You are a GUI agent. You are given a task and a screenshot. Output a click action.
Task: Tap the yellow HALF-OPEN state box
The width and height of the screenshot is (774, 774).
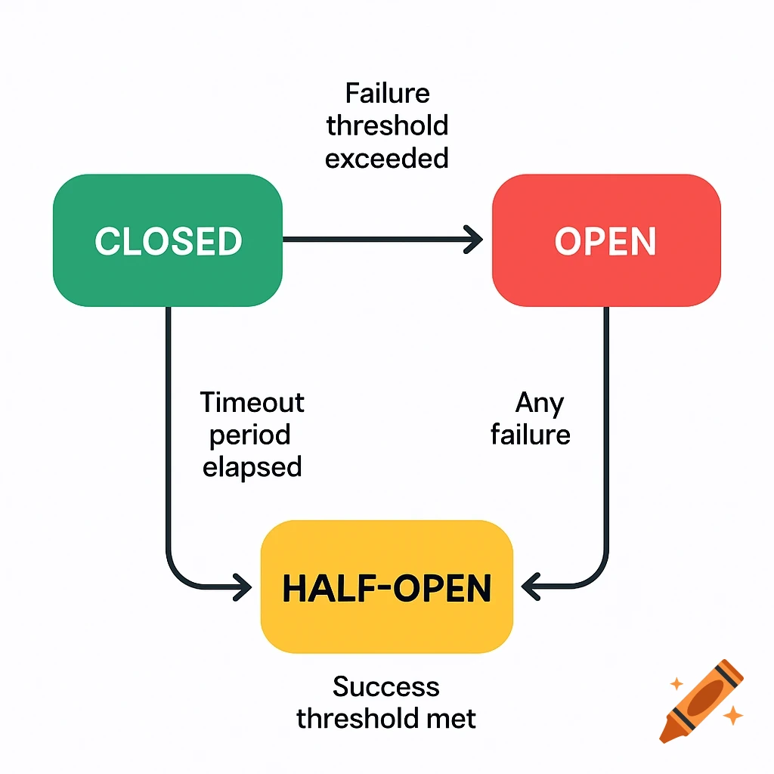(386, 587)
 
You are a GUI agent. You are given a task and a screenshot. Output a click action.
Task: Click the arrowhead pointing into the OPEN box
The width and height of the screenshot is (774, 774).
(475, 240)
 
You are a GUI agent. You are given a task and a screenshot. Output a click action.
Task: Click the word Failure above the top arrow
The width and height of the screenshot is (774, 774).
(387, 93)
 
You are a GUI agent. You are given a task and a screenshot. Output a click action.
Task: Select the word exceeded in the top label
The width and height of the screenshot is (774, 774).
(387, 158)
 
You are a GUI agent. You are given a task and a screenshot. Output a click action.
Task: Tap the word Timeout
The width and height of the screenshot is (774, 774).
(252, 402)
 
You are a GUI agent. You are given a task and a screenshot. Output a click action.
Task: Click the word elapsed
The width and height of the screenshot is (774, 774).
(252, 466)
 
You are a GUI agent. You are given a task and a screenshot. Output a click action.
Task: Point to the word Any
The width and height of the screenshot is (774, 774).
(539, 403)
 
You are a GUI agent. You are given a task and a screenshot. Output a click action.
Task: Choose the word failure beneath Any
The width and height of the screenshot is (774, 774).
(530, 435)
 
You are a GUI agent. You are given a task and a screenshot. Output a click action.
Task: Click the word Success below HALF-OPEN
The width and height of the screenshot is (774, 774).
(386, 686)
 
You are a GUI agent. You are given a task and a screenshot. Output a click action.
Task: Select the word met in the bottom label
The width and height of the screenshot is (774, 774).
(452, 718)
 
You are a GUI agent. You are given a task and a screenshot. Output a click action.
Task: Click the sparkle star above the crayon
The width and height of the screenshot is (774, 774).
(676, 683)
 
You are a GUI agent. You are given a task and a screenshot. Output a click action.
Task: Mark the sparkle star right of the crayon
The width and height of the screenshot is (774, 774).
(732, 715)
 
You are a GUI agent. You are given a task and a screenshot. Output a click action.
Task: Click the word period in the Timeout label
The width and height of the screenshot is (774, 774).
(250, 435)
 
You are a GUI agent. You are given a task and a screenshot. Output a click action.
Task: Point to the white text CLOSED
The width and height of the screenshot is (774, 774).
(168, 241)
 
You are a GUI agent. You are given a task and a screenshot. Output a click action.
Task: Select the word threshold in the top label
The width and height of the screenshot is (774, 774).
(387, 125)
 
